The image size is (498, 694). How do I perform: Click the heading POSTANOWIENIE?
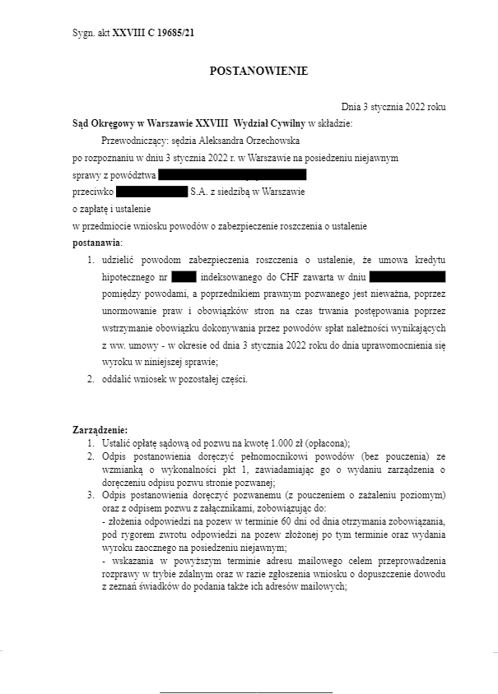point(258,72)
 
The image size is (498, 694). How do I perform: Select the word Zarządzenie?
point(100,430)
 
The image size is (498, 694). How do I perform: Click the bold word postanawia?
point(96,243)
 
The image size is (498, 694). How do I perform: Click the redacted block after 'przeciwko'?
point(152,192)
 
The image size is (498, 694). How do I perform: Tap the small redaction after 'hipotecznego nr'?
point(184,276)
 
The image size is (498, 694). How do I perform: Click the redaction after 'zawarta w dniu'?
point(407,276)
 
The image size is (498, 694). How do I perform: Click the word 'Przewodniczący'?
point(128,141)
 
